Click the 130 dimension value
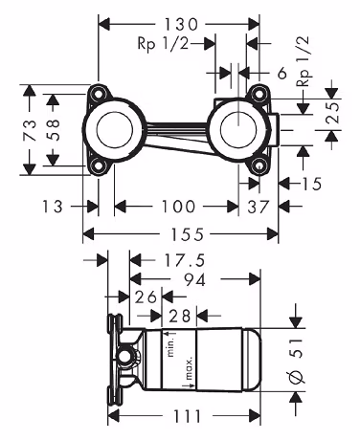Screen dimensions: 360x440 click(x=181, y=24)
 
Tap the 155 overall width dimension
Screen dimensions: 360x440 click(x=188, y=234)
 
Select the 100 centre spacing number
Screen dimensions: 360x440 click(x=178, y=207)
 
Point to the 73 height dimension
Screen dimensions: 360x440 click(x=30, y=130)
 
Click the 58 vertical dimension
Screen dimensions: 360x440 click(x=53, y=130)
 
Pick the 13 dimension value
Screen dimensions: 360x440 click(x=53, y=207)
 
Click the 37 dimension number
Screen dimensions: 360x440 click(x=259, y=207)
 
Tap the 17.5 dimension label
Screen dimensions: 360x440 click(x=184, y=260)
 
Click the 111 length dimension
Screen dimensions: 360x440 click(x=188, y=416)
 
